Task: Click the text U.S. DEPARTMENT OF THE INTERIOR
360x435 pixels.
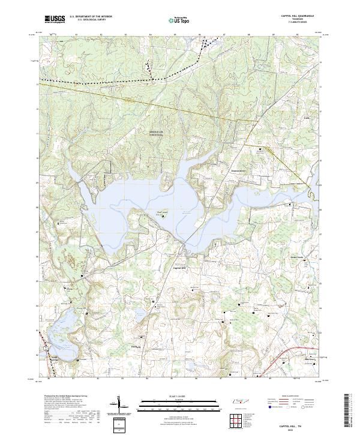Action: tap(91, 17)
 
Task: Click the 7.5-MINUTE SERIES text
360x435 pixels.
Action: tap(297, 23)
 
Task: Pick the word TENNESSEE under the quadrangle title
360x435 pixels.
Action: tap(297, 20)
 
